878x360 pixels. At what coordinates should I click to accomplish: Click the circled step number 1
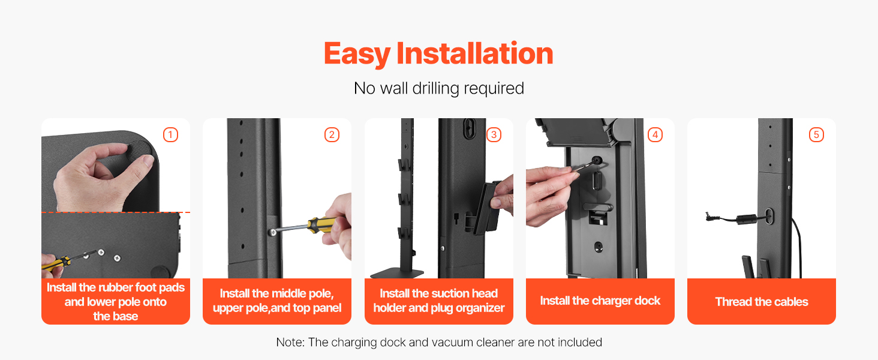click(x=170, y=135)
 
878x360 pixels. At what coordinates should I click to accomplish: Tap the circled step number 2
click(x=332, y=135)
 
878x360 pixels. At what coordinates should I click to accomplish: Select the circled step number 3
click(x=494, y=135)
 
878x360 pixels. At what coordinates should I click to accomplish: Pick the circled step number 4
click(x=655, y=135)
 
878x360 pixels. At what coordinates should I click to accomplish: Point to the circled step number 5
click(x=816, y=135)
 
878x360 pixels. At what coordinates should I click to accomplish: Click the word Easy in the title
click(x=357, y=54)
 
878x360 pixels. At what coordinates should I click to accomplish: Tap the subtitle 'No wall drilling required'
click(x=438, y=88)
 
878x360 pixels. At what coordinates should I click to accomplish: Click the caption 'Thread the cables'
click(x=762, y=302)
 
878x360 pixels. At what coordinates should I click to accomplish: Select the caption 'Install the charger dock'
click(x=600, y=301)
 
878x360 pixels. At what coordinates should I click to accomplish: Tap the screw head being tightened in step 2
click(x=273, y=232)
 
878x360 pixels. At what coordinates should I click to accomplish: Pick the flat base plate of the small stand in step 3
click(x=396, y=273)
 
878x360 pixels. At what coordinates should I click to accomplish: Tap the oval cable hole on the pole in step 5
click(x=769, y=216)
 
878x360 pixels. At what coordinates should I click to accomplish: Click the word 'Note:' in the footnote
click(x=290, y=342)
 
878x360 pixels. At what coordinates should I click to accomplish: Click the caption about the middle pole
click(x=276, y=301)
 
